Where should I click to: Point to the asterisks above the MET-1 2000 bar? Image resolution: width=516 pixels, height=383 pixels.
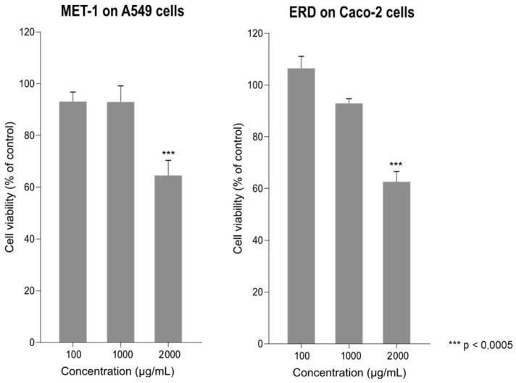(x=168, y=153)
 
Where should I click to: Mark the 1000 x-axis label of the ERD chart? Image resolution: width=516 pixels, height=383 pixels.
(x=349, y=356)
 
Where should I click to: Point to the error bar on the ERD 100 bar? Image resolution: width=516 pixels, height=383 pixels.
(x=301, y=62)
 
